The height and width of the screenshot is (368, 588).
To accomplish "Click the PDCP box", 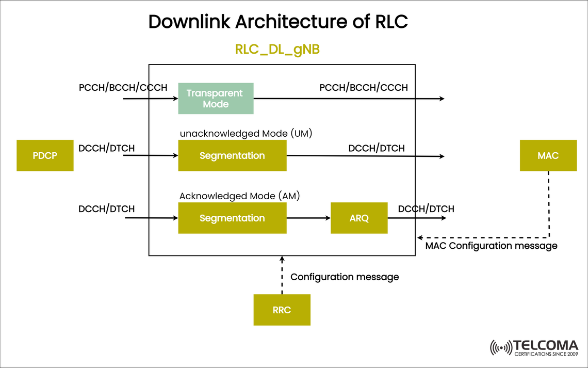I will [45, 155].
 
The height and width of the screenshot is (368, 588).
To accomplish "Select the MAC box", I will [548, 155].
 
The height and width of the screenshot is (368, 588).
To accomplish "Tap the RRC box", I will [282, 310].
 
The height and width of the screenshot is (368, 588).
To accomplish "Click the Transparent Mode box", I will [216, 99].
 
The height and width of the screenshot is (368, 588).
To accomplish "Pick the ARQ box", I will [359, 218].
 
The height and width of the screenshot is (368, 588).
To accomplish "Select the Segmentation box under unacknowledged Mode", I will [232, 155].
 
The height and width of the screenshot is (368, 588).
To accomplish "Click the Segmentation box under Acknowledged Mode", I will [232, 218].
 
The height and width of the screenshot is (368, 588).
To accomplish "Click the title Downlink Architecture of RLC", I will [278, 22].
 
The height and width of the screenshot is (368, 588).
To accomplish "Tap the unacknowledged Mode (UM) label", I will [246, 134].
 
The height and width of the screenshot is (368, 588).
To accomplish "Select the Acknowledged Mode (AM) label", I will [239, 196].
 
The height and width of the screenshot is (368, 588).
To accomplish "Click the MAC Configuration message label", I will [491, 246].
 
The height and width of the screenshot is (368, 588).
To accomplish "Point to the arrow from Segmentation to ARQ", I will [308, 218].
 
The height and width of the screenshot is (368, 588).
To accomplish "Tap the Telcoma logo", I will [534, 347].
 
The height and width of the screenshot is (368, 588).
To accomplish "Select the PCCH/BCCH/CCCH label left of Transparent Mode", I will [123, 87].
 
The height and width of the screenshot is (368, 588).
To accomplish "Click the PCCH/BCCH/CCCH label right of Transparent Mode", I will [364, 87].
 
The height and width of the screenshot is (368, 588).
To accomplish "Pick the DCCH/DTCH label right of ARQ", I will [426, 209].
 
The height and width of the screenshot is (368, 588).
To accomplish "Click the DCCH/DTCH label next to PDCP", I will [106, 148].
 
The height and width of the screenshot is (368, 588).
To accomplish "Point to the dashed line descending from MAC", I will [548, 204].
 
